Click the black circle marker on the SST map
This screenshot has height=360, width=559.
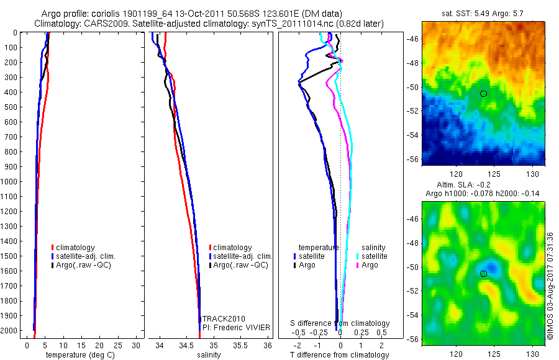pyautogui.click(x=483, y=93)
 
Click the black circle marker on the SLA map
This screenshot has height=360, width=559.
pyautogui.click(x=483, y=273)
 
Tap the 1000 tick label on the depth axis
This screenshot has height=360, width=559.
pyautogui.click(x=10, y=182)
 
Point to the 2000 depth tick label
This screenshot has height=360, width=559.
pyautogui.click(x=10, y=331)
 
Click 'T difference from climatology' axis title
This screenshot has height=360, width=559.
pyautogui.click(x=339, y=355)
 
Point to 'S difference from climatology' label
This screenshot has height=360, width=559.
pyautogui.click(x=340, y=323)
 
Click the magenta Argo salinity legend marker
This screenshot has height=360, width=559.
pyautogui.click(x=358, y=265)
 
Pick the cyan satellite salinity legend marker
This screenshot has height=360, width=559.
pyautogui.click(x=358, y=256)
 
